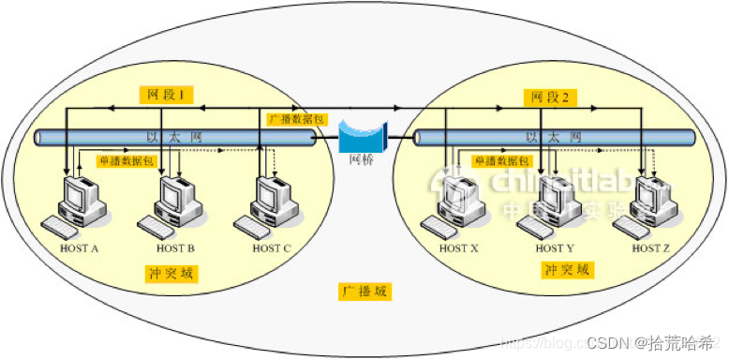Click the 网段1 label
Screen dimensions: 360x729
[167, 95]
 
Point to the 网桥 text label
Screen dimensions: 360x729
[362, 160]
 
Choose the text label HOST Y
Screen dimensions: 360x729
[555, 248]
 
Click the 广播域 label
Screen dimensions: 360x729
[364, 292]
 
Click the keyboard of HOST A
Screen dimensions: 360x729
[62, 227]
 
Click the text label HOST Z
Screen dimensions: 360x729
[652, 248]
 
